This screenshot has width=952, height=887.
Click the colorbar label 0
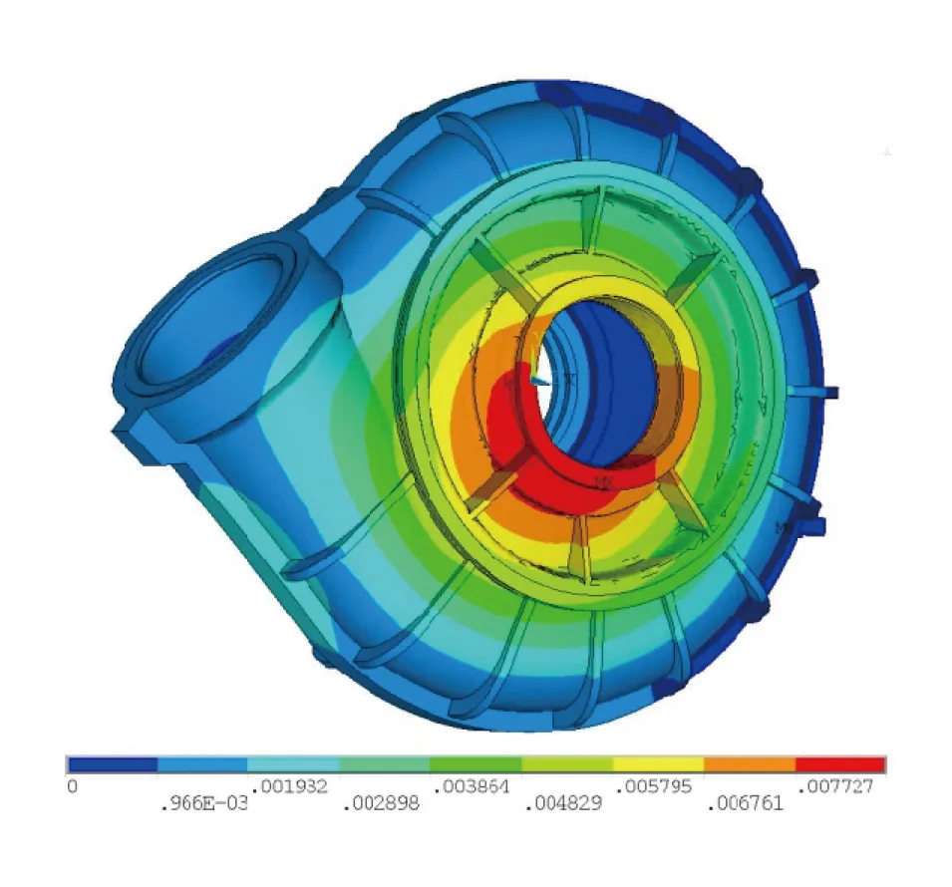tap(72, 786)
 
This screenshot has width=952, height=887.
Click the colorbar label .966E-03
tap(203, 803)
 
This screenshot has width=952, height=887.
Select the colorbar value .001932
tap(292, 786)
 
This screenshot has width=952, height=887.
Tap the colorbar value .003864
tap(474, 786)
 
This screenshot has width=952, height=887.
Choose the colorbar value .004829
tap(565, 803)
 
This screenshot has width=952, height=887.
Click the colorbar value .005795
tap(656, 786)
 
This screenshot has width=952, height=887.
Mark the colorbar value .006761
tap(746, 803)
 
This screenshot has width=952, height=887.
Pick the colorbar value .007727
tap(837, 786)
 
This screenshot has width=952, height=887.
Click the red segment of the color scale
tap(840, 764)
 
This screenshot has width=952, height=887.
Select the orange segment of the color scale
tap(749, 764)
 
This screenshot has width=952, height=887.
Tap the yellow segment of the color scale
tap(658, 764)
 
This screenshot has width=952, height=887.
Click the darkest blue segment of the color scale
tap(113, 764)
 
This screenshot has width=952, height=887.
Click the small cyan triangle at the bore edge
tap(539, 379)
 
